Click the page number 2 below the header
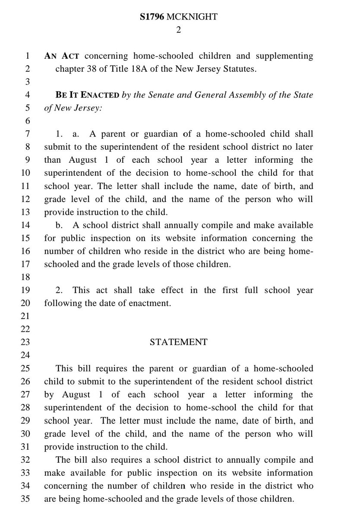coord(178,30)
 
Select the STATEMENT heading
coord(178,342)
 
